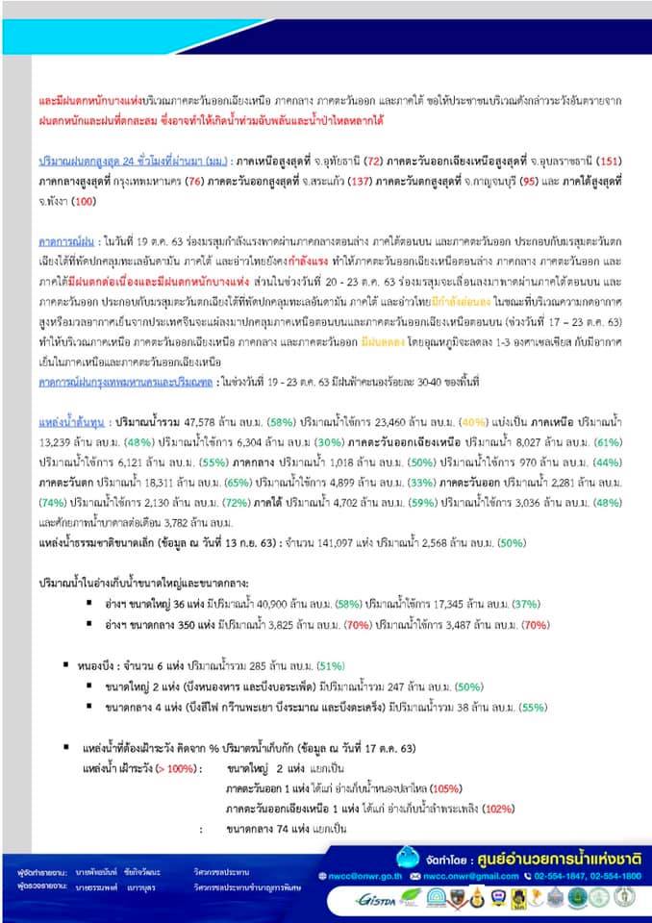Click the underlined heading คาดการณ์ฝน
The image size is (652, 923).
(x=65, y=244)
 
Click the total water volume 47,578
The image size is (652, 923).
(x=195, y=422)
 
